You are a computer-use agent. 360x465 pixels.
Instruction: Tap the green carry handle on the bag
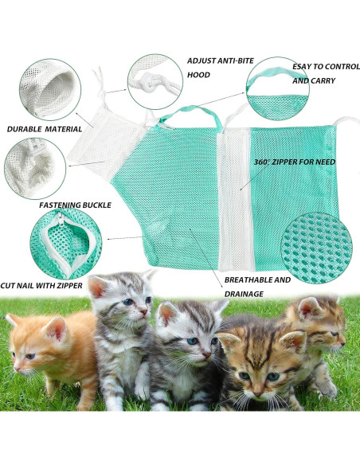tap(191, 114)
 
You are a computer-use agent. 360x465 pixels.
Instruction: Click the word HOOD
tap(198, 75)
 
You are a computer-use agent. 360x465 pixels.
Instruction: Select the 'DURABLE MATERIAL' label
tap(45, 129)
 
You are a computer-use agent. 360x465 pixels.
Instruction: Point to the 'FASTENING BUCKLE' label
tap(75, 205)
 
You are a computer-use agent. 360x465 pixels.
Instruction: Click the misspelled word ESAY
tap(303, 67)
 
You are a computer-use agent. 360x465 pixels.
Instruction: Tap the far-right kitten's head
tap(319, 322)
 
